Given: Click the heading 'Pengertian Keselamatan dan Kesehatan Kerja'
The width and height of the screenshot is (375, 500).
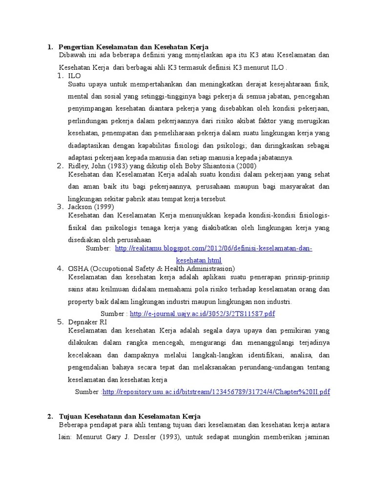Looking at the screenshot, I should (x=133, y=47).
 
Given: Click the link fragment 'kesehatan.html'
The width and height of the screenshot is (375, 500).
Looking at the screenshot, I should (x=199, y=260).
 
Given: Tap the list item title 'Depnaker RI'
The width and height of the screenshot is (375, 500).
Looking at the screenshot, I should (x=87, y=322).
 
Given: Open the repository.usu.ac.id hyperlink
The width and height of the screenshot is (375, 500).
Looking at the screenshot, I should (x=216, y=392).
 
